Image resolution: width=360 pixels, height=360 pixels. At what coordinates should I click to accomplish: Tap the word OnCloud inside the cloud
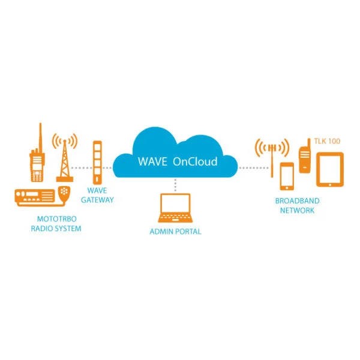(195, 162)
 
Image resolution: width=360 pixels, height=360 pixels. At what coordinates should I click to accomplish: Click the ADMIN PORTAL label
(175, 231)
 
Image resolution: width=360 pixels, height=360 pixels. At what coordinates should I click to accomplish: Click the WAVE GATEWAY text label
(97, 196)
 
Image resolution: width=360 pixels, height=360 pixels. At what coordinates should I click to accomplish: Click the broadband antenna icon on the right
(272, 156)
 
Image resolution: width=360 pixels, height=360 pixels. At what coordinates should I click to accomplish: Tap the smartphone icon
(287, 175)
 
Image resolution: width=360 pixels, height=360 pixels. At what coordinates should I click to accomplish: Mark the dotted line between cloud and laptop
(175, 185)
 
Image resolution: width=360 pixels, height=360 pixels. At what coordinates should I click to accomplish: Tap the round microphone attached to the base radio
(65, 193)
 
